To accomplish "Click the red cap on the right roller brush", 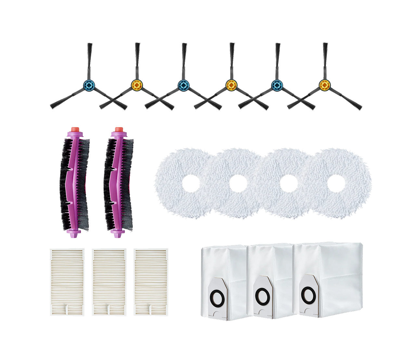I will click(x=118, y=129).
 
